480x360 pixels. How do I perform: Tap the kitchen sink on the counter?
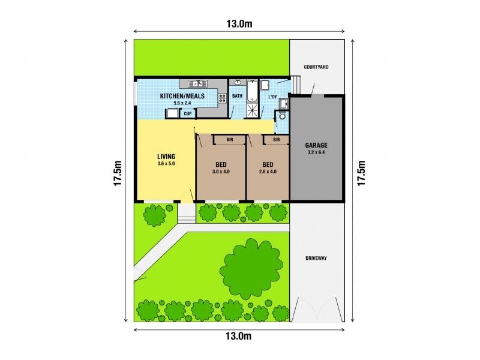[x=197, y=83]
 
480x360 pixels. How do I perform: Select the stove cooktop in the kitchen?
[x=222, y=97]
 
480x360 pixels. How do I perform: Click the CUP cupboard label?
[x=188, y=113]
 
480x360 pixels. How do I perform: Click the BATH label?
[x=238, y=96]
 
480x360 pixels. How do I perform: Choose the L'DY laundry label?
[x=272, y=97]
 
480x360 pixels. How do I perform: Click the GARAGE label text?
[x=316, y=145]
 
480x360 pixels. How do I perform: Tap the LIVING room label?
[x=166, y=157]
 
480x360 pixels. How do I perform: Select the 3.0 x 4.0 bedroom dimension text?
[x=220, y=172]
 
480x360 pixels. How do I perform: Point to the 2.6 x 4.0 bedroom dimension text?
[x=268, y=172]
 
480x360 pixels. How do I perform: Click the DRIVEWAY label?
[x=316, y=259]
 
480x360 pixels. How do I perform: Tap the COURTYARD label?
[x=316, y=67]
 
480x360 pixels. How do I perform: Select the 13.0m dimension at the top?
[x=238, y=23]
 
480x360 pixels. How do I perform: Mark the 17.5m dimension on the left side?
[x=118, y=173]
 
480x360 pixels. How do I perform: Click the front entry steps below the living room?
[x=187, y=211]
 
